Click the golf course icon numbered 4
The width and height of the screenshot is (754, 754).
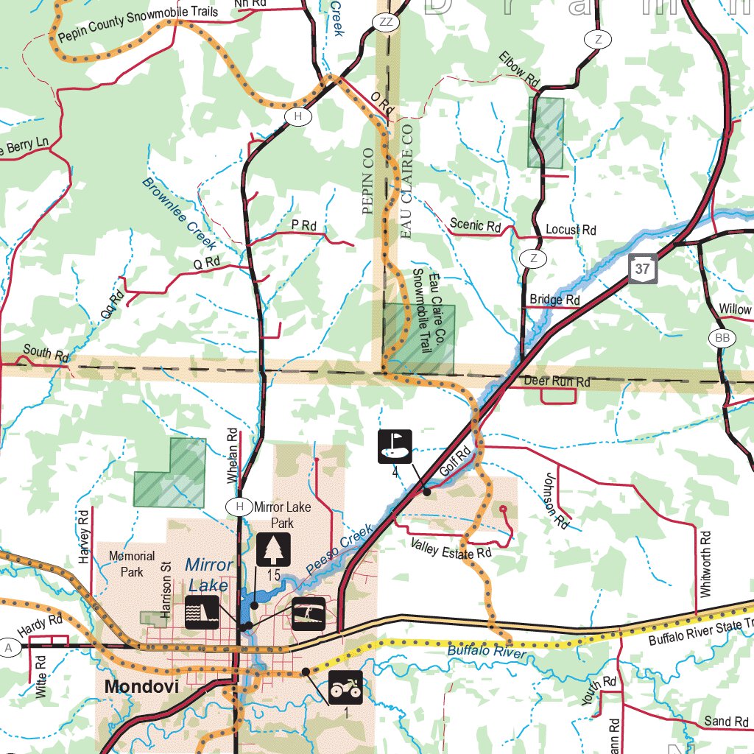[x=395, y=446]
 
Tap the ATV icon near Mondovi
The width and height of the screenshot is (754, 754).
[x=345, y=688]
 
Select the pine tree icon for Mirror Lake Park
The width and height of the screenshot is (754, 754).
[x=273, y=550]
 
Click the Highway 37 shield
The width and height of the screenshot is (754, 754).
[x=643, y=269]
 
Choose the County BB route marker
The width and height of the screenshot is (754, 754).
[x=722, y=338]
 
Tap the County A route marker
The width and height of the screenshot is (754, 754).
[x=10, y=647]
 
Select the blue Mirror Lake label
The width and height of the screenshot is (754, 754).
[x=208, y=575]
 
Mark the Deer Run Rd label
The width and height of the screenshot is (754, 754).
[x=557, y=382]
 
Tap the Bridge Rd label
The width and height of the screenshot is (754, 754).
[x=554, y=300]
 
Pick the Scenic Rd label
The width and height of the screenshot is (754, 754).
[x=475, y=225]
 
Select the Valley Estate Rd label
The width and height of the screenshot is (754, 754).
[x=451, y=549]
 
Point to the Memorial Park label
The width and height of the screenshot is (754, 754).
[x=131, y=563]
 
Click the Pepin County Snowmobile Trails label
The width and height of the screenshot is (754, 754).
[x=138, y=22]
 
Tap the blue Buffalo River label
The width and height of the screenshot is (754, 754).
[x=487, y=653]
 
